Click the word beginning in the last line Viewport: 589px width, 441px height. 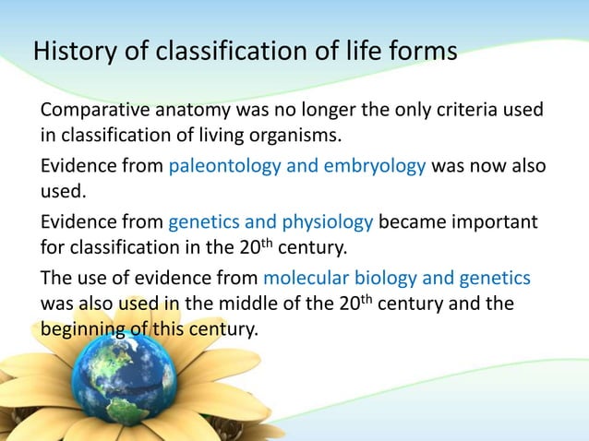(81, 329)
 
